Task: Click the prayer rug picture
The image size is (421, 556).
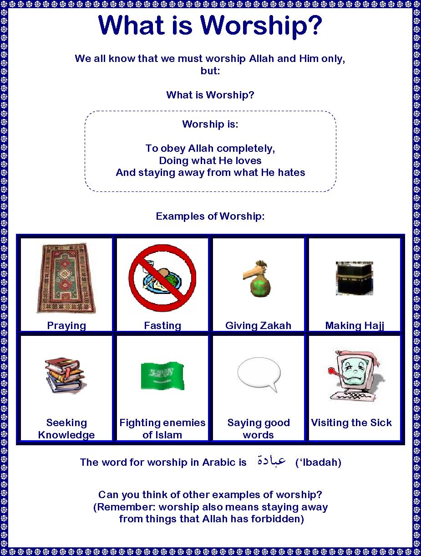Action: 66,278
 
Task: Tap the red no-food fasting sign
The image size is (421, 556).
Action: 162,278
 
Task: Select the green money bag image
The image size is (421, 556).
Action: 259,279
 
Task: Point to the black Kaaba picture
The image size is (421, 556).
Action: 354,278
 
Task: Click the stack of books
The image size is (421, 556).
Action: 65,376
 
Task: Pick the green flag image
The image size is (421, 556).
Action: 162,376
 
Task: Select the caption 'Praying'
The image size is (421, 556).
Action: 66,325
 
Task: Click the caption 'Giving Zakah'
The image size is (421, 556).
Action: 258,325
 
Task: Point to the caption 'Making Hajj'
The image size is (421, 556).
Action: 355,325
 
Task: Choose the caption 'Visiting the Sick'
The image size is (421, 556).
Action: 351,422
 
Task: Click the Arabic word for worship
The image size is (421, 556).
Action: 271,461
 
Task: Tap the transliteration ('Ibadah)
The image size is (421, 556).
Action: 318,463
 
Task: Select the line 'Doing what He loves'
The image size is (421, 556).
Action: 210,160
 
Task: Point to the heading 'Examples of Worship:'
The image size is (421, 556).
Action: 210,216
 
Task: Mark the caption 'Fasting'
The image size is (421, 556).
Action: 162,325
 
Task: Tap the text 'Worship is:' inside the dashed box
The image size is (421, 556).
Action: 210,124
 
